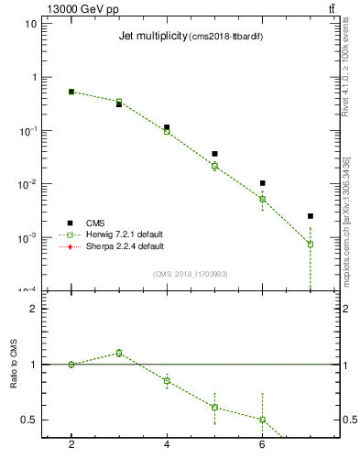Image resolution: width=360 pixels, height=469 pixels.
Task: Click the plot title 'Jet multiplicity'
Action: pos(151,37)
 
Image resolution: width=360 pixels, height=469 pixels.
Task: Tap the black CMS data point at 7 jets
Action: pos(311,216)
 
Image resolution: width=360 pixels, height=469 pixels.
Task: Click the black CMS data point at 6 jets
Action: pos(263,183)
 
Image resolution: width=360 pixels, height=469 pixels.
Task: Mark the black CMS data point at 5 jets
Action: pos(215,154)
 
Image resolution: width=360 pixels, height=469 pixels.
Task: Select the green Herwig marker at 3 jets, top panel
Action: pos(119,102)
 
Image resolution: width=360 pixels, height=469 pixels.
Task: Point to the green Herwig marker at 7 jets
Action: pos(311,245)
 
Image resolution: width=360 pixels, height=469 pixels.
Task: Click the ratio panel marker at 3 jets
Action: pos(119,353)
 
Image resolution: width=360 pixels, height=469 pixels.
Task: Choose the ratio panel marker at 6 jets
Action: pos(263,420)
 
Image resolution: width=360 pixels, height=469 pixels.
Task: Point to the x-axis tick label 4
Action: pos(167,445)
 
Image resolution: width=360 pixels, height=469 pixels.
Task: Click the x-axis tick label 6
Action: pos(263,445)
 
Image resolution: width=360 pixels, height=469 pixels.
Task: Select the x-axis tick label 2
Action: pos(71,445)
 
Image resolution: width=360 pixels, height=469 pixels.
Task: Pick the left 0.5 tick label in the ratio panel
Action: pos(29,420)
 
